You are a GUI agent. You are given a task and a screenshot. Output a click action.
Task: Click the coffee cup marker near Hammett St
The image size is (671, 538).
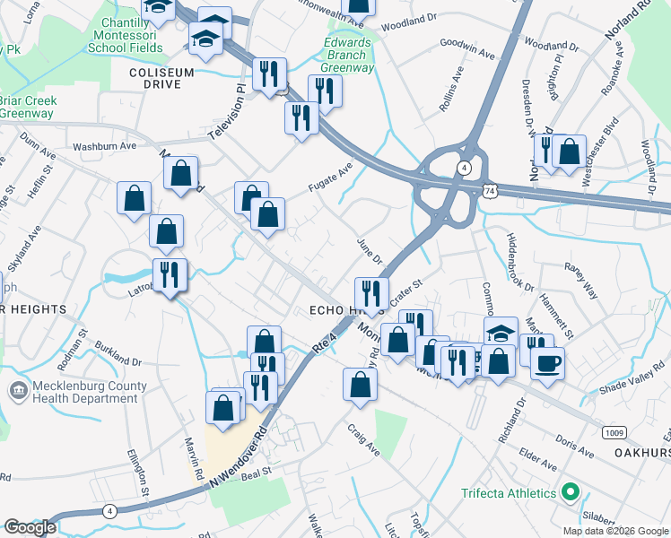point(547,364)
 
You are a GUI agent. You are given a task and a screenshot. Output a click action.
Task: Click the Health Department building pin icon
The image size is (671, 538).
point(17,390)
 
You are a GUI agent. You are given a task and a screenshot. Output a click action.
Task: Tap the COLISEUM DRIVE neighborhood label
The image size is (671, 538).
point(168,78)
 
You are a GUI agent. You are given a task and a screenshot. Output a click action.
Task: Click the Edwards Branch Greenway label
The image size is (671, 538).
point(348,55)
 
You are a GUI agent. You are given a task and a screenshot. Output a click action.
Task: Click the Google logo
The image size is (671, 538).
point(30,527)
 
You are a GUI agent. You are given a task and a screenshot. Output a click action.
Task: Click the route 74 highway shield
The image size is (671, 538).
point(487,192)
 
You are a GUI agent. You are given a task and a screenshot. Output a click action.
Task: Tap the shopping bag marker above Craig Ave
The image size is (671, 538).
point(360,384)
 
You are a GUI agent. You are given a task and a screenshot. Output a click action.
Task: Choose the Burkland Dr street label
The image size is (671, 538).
point(118,343)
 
